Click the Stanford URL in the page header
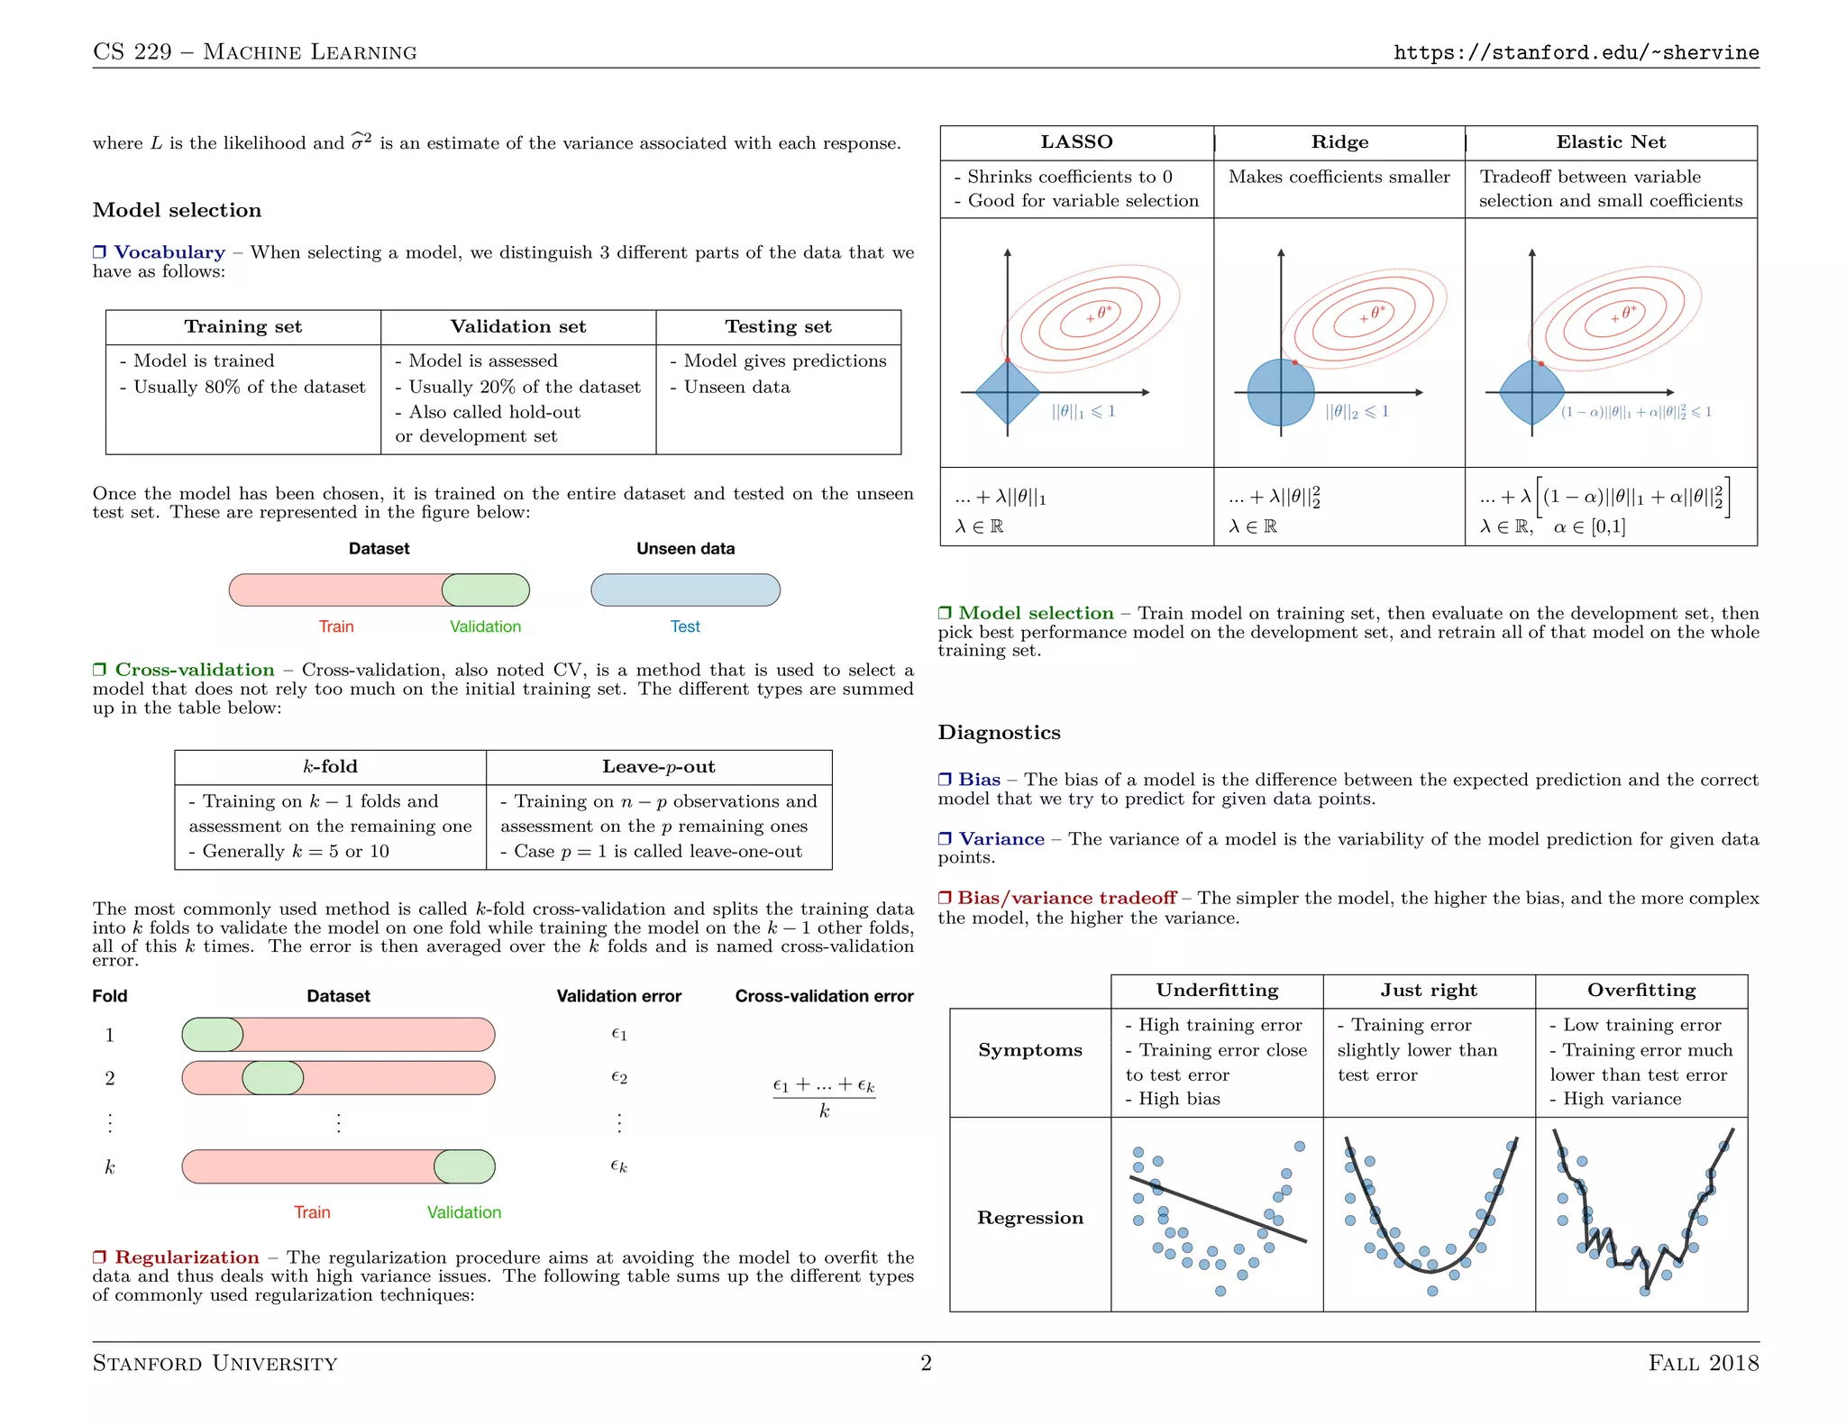click(1576, 52)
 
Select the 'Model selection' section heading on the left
click(177, 210)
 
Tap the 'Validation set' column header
click(518, 326)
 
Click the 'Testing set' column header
click(778, 326)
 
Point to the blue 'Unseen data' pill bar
click(685, 590)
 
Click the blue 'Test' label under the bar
click(685, 626)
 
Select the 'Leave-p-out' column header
click(658, 766)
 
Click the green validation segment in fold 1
click(213, 1035)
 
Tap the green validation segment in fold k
click(464, 1166)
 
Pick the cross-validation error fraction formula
click(824, 1097)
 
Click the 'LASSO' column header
click(1076, 142)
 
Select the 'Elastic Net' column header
click(1611, 142)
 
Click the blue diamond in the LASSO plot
click(1008, 392)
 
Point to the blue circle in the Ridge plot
click(1281, 392)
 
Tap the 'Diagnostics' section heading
click(999, 732)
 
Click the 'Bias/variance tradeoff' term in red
click(1066, 898)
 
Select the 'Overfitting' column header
click(1641, 990)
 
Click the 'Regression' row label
click(1030, 1218)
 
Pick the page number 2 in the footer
click(926, 1362)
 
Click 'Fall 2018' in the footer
click(1703, 1362)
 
